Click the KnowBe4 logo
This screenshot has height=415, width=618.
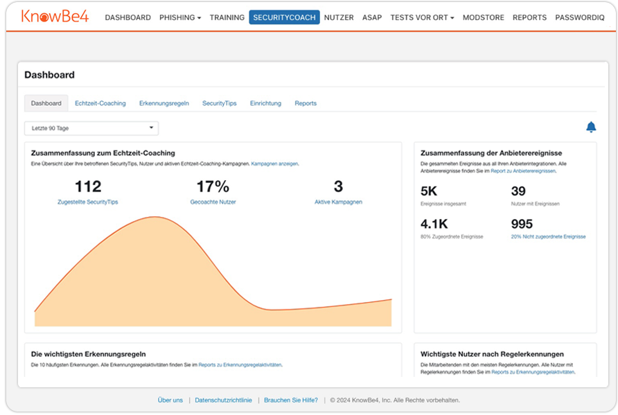click(55, 17)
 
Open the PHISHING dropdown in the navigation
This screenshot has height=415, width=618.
click(179, 17)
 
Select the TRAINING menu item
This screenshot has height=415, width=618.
click(227, 17)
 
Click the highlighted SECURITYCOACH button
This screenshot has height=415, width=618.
click(284, 17)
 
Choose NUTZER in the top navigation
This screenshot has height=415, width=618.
click(339, 17)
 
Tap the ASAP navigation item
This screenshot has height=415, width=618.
click(372, 17)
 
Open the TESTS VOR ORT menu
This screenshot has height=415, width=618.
click(422, 17)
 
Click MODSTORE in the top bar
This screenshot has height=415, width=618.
click(484, 17)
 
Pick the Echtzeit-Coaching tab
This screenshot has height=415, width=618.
click(100, 103)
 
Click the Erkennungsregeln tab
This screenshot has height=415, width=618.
click(164, 103)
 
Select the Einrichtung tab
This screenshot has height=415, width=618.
click(265, 103)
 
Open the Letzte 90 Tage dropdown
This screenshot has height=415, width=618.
click(91, 128)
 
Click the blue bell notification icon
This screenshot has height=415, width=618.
click(591, 127)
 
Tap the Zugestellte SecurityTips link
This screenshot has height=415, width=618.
click(88, 202)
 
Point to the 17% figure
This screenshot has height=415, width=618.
click(213, 186)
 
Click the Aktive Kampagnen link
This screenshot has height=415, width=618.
click(338, 202)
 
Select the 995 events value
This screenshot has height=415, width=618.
click(522, 224)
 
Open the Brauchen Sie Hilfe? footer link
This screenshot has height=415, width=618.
click(291, 400)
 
